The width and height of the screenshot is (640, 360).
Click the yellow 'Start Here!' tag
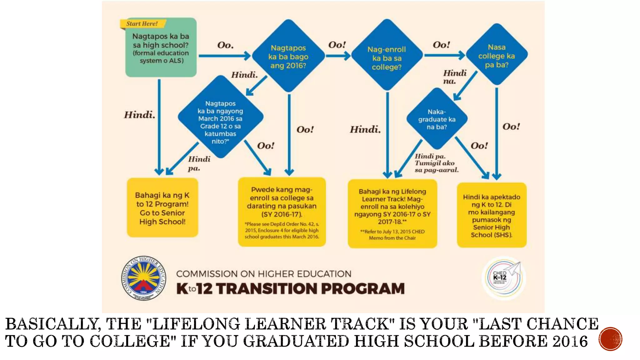coord(142,24)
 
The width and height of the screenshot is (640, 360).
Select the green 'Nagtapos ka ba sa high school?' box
coord(161,48)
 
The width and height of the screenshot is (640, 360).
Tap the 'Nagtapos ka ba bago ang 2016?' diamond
coord(288,57)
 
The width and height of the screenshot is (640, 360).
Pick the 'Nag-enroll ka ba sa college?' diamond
coord(387,58)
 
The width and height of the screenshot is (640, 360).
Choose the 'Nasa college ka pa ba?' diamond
coord(497,56)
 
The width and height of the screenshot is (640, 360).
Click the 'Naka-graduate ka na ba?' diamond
coord(437,119)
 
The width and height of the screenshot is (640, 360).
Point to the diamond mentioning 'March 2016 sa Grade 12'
coord(221,119)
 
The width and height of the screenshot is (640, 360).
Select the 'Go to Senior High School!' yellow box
coord(162,208)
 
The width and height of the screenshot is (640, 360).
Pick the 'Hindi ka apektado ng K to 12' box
coord(492,215)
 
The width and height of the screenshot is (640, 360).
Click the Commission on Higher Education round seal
coord(143,278)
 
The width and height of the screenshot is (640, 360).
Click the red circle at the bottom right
coord(610,339)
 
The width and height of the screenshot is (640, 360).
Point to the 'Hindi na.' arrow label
coord(454,77)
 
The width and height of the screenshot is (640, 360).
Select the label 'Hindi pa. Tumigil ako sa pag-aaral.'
coord(436,163)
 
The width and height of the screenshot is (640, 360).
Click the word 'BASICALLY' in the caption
coord(53,324)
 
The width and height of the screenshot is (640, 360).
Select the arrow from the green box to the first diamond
coord(224,56)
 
